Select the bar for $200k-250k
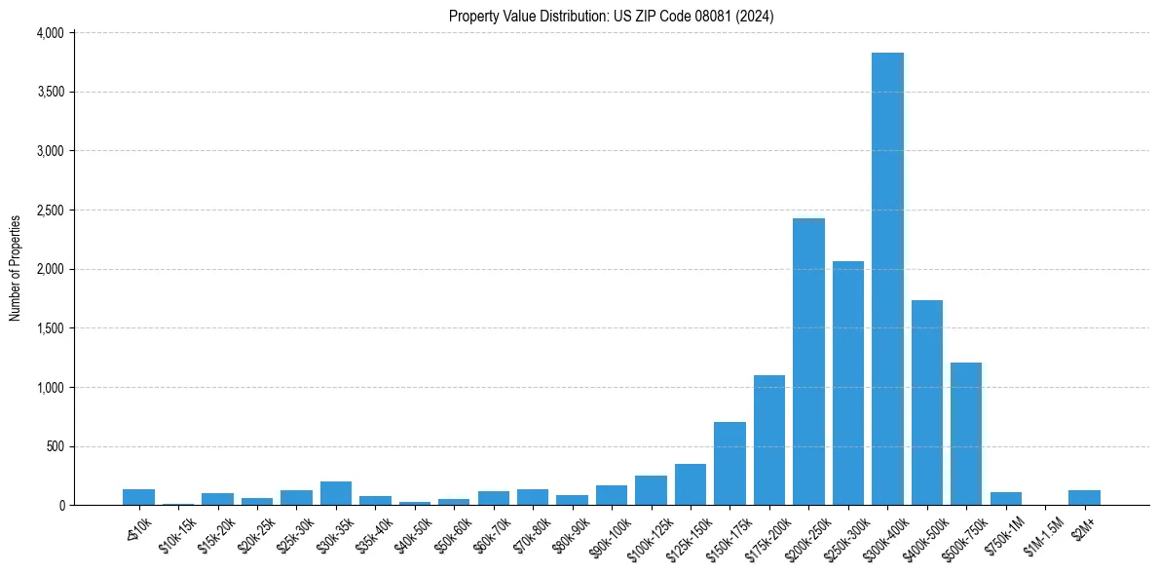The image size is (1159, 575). [x=808, y=362]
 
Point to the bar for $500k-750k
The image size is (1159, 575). [x=966, y=434]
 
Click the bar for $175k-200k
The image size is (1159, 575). [x=769, y=440]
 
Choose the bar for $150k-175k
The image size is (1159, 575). [x=729, y=464]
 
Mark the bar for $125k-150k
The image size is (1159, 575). [x=691, y=484]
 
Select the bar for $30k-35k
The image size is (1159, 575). [x=336, y=493]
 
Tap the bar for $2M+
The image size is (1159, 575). [x=1084, y=498]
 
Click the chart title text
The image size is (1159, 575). [x=611, y=17]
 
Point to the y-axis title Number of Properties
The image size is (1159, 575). [x=16, y=268]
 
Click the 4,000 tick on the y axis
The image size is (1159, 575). [x=49, y=33]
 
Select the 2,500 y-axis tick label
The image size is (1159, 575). [x=49, y=211]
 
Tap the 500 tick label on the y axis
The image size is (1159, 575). [x=55, y=447]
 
